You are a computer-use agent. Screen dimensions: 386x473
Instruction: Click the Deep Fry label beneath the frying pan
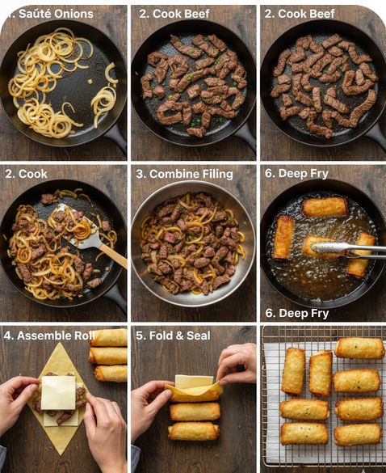pos(297,313)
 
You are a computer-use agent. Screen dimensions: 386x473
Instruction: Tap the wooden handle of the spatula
pos(113,256)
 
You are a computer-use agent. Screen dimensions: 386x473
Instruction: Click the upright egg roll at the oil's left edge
pos(283,237)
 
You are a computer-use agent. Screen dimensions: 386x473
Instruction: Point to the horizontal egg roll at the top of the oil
pos(325,207)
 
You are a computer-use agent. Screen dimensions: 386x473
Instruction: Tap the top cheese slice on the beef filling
pos(58,392)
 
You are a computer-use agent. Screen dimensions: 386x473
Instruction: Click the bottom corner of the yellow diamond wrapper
pos(61,454)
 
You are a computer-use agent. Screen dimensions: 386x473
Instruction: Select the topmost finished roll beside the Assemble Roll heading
pos(109,337)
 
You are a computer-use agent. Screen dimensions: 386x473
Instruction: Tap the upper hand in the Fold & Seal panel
pos(237,364)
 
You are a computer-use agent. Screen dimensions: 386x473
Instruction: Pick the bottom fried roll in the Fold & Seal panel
pos(194,431)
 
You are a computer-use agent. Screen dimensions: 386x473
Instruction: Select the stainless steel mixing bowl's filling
pos(193,243)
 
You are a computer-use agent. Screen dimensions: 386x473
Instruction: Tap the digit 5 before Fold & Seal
pos(139,336)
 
